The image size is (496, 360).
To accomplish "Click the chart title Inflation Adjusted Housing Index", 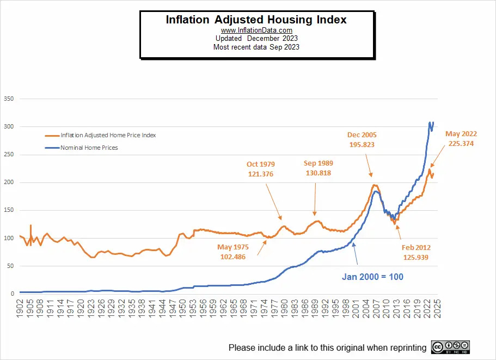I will point(256,20).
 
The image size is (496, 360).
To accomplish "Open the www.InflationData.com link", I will point(256,30).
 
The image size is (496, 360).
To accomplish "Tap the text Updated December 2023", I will point(256,39).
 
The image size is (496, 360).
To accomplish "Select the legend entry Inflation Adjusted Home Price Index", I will point(108,135).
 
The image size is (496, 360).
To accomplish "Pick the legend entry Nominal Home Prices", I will point(89,148).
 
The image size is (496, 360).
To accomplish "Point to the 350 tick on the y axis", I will point(8,99).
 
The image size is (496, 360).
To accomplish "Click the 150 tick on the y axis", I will point(8,210).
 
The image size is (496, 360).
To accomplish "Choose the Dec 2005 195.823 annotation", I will point(362,139).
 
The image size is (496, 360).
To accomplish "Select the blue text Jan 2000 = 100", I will point(372,277).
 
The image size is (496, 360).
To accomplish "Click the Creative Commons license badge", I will point(450,347).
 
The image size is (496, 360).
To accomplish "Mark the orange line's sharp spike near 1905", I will point(30,225).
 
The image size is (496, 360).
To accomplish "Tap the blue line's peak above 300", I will point(430,123).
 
